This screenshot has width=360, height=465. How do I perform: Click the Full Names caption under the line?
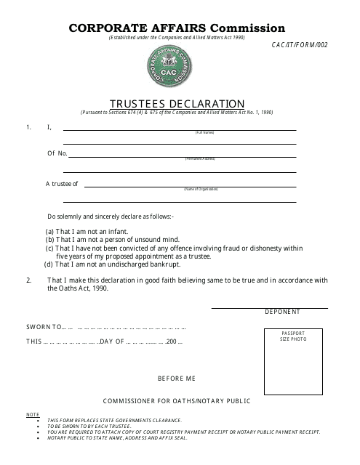(x=204, y=132)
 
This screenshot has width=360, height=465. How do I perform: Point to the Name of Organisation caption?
(x=201, y=189)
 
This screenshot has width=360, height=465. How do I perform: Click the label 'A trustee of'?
(x=63, y=184)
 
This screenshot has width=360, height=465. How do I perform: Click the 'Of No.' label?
(x=57, y=153)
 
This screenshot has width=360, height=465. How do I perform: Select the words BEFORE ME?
(x=177, y=379)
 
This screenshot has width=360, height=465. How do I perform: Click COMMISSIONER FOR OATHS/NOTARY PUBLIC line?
(x=177, y=400)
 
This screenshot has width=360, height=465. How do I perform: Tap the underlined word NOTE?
(x=33, y=414)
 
